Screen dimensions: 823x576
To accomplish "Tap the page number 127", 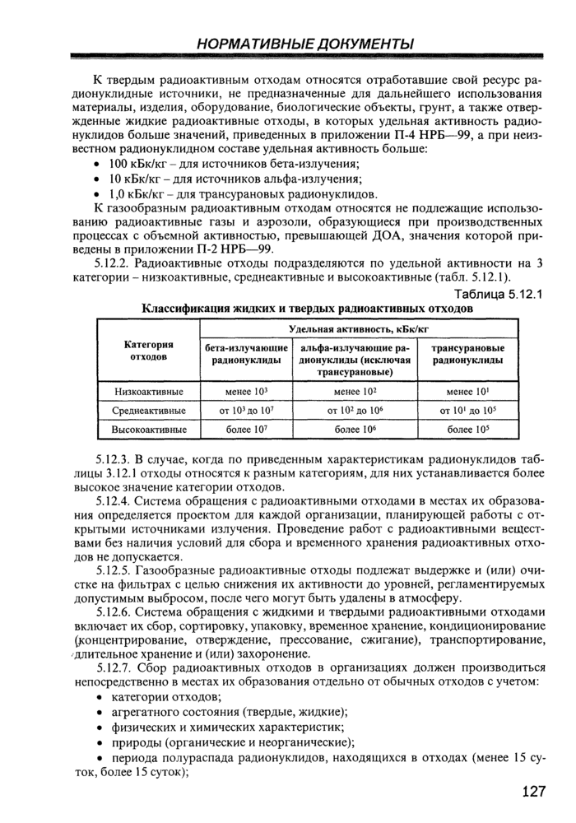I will [534, 792].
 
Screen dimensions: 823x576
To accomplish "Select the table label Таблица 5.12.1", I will [499, 295].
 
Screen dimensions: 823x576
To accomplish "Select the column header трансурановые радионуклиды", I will [469, 355].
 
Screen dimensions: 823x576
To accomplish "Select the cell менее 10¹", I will [469, 392].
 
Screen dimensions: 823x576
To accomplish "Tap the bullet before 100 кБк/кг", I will [100, 165].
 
